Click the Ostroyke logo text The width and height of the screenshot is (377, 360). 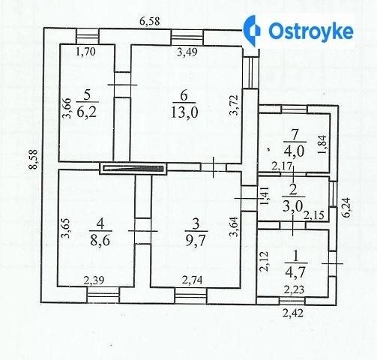pyautogui.click(x=311, y=31)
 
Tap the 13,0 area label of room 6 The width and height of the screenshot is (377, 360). pyautogui.click(x=184, y=112)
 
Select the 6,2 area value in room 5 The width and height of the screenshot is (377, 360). pyautogui.click(x=86, y=112)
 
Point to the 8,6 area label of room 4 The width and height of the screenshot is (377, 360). pyautogui.click(x=100, y=241)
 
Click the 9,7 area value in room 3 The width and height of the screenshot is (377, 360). pyautogui.click(x=196, y=241)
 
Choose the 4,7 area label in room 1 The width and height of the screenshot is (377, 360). pyautogui.click(x=295, y=272)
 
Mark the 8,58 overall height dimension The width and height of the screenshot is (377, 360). pyautogui.click(x=33, y=160)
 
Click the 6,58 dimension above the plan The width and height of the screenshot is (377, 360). pyautogui.click(x=149, y=21)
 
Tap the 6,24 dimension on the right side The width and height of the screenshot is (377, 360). pyautogui.click(x=346, y=208)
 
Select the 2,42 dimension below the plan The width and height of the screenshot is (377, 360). pyautogui.click(x=293, y=313)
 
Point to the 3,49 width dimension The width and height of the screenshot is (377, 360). pyautogui.click(x=187, y=52)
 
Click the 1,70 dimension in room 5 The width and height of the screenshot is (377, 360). pyautogui.click(x=85, y=52)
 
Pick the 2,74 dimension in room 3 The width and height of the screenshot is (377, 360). pyautogui.click(x=192, y=280)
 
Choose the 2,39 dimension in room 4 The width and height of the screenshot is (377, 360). pyautogui.click(x=94, y=280)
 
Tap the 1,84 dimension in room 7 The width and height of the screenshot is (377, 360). pyautogui.click(x=322, y=145)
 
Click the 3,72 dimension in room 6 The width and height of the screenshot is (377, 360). pyautogui.click(x=235, y=105)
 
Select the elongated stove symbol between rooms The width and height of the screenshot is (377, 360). pyautogui.click(x=133, y=169)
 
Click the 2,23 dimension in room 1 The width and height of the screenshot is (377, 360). pyautogui.click(x=294, y=289)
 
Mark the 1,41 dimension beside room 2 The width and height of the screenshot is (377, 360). pyautogui.click(x=265, y=196)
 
